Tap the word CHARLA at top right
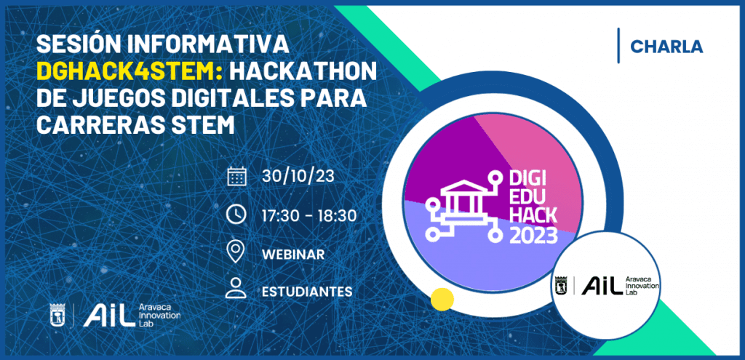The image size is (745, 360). pyautogui.click(x=666, y=46)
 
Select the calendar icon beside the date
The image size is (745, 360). pyautogui.click(x=236, y=176)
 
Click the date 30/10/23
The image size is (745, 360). pyautogui.click(x=298, y=176)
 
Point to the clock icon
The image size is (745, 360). pyautogui.click(x=236, y=215)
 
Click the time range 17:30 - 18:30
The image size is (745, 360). pyautogui.click(x=308, y=215)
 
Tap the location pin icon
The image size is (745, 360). pyautogui.click(x=236, y=252)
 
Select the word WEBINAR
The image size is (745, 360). pyautogui.click(x=293, y=255)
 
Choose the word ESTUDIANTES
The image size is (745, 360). pyautogui.click(x=307, y=291)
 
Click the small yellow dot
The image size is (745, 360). pyautogui.click(x=442, y=300)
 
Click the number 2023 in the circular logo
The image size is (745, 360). pyautogui.click(x=533, y=235)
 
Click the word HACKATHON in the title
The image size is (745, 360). pyautogui.click(x=303, y=71)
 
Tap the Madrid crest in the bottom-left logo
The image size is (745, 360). pyautogui.click(x=57, y=316)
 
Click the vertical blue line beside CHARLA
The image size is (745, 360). pyautogui.click(x=618, y=46)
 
